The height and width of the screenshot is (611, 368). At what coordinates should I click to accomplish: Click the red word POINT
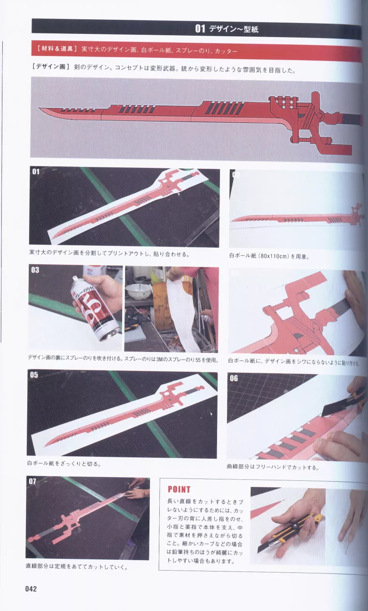179,489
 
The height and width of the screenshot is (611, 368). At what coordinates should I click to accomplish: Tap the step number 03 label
35,270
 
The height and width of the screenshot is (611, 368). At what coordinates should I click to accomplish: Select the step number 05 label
34,375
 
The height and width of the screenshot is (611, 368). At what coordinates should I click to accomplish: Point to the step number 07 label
32,481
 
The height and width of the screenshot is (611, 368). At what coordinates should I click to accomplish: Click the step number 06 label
234,378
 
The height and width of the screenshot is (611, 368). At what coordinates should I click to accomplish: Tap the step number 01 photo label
36,172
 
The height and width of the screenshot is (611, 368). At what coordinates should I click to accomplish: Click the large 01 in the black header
200,29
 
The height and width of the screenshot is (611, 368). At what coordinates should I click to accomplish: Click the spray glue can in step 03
96,308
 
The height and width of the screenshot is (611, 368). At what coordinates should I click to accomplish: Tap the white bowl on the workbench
138,292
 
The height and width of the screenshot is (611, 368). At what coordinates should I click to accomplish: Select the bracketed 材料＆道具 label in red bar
57,49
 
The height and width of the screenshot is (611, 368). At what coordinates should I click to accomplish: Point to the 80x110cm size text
274,256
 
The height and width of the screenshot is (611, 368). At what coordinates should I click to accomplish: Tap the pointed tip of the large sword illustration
39,108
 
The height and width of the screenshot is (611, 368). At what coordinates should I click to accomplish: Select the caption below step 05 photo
64,464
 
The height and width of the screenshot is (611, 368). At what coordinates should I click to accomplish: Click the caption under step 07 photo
77,567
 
